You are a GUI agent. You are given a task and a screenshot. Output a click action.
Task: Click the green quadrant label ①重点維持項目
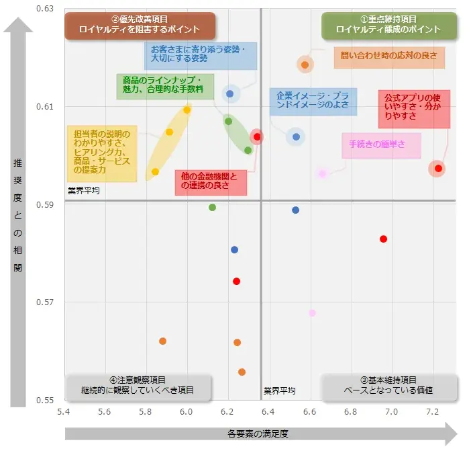[388, 25]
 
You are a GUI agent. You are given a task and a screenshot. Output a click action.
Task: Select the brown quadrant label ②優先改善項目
[140, 25]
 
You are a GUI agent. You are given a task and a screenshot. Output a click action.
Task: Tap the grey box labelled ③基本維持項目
[388, 385]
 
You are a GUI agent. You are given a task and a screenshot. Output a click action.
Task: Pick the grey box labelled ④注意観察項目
[138, 385]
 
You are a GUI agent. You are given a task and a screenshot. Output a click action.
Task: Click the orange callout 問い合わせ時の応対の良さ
[389, 56]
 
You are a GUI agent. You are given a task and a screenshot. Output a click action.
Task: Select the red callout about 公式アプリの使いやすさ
[413, 108]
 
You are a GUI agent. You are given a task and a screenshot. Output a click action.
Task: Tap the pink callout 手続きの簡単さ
[381, 144]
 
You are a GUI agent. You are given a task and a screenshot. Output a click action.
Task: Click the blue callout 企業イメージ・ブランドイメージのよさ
[313, 99]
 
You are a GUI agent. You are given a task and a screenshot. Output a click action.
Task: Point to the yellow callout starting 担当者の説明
[101, 152]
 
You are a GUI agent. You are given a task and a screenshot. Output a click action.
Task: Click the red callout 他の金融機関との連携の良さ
[210, 181]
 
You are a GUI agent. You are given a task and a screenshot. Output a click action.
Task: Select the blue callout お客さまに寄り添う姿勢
[200, 54]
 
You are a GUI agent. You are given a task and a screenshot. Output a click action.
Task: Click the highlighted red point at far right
[438, 168]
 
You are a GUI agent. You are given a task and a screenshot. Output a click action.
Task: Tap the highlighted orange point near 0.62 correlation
[305, 65]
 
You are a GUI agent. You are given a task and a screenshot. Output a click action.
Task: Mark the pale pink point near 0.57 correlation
[312, 313]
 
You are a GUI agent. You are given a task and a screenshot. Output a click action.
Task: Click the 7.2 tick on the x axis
[433, 411]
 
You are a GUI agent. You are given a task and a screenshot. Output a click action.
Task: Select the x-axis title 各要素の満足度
[258, 434]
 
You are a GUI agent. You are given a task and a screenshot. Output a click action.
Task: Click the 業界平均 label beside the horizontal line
[83, 191]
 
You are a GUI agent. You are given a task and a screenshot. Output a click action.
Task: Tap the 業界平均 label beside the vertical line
[278, 391]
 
